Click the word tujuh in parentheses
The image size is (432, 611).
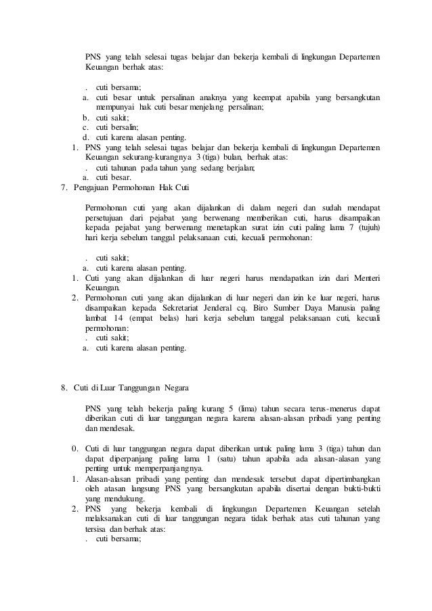(x=368, y=227)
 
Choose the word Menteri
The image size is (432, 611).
(x=366, y=277)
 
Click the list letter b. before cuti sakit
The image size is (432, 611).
(x=86, y=116)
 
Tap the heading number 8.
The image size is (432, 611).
(x=63, y=387)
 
